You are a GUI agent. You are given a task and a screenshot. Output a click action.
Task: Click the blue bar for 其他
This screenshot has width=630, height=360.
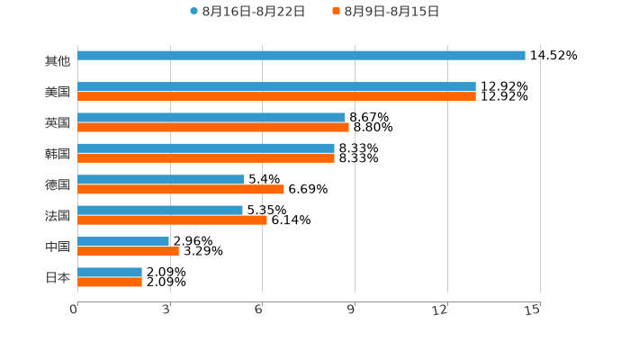coord(301,56)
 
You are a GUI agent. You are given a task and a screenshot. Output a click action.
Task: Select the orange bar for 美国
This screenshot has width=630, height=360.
coord(276,96)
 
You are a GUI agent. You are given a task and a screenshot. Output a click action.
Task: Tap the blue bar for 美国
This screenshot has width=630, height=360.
coord(276,86)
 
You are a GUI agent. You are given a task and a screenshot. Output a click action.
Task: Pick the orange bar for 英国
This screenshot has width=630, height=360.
coord(213,128)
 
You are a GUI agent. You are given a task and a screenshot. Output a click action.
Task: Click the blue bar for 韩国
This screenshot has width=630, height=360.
coord(206,148)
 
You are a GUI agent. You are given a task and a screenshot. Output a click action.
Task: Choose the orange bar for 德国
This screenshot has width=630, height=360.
coord(181,190)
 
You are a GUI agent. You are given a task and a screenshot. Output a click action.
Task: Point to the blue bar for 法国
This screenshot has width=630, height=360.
coord(160,211)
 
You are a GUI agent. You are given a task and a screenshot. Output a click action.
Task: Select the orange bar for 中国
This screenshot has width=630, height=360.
coord(129,252)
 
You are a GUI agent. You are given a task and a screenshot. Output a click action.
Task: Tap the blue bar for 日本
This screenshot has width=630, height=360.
coord(110,272)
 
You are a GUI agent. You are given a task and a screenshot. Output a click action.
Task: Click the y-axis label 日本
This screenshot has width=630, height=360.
coord(58,277)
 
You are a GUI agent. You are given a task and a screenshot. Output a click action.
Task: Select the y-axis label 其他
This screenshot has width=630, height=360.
coord(58,61)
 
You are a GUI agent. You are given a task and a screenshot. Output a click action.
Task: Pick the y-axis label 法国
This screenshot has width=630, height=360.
coord(58,215)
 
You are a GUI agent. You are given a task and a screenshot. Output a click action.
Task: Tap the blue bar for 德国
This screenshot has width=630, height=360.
coord(161,180)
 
